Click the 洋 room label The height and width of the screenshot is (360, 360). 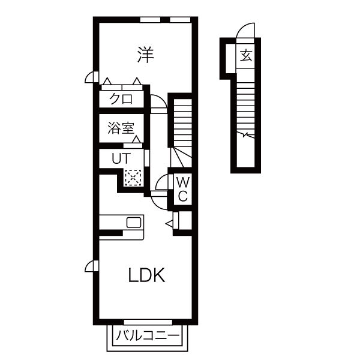pyautogui.click(x=145, y=55)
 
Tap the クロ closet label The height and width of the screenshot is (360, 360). pyautogui.click(x=121, y=99)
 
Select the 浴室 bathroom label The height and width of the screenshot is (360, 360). pyautogui.click(x=121, y=128)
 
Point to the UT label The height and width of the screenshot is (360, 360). pyautogui.click(x=121, y=158)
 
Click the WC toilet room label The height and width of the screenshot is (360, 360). pyautogui.click(x=183, y=190)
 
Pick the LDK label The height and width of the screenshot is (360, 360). pyautogui.click(x=146, y=275)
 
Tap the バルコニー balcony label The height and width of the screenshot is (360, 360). pyautogui.click(x=148, y=336)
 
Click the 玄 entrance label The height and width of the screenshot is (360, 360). pyautogui.click(x=246, y=56)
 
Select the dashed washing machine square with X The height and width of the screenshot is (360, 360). pyautogui.click(x=133, y=178)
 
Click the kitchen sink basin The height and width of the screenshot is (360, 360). pyautogui.click(x=134, y=222)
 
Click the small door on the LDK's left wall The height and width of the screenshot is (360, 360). pyautogui.click(x=92, y=266)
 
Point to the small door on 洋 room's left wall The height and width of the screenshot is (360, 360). pyautogui.click(x=92, y=77)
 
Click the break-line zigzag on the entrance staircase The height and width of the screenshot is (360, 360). pyautogui.click(x=245, y=135)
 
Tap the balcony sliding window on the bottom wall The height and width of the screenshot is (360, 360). pyautogui.click(x=148, y=322)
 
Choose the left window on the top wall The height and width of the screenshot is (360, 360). pyautogui.click(x=150, y=20)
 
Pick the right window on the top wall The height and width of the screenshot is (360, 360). pyautogui.click(x=180, y=20)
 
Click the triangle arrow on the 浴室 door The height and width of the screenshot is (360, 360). pyautogui.click(x=137, y=139)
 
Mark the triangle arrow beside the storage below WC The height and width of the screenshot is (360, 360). pyautogui.click(x=169, y=223)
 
